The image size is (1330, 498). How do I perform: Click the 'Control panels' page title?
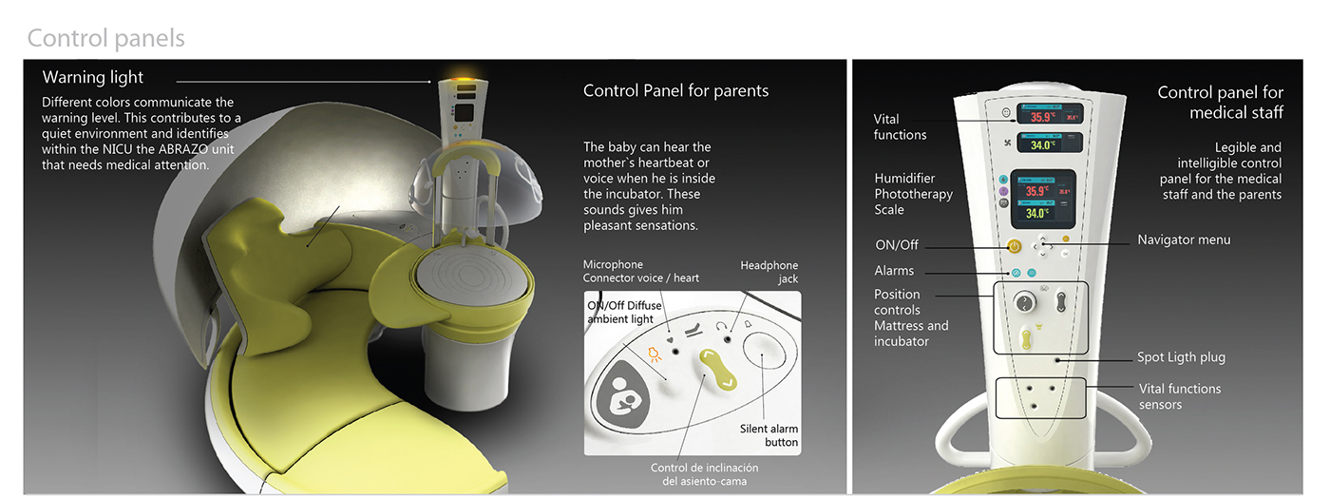pos(105,38)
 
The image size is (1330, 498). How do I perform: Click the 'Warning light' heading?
pos(93,77)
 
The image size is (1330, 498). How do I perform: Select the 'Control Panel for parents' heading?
pos(675,91)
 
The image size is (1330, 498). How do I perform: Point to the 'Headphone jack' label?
pos(769,272)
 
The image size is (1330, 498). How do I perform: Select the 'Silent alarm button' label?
pos(769,435)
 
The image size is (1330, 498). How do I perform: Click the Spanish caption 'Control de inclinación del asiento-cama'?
pos(704,474)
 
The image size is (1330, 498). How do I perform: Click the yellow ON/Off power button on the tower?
pos(1015,246)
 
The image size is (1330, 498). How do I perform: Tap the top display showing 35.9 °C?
pos(1051,114)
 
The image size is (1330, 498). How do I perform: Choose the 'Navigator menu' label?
pos(1184,239)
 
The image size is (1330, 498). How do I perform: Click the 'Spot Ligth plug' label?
pos(1181,357)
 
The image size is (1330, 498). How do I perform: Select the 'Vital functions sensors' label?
pos(1180,396)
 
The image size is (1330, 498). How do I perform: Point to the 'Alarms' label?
pos(894,271)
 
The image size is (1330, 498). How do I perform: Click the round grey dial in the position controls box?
pos(1024,302)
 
